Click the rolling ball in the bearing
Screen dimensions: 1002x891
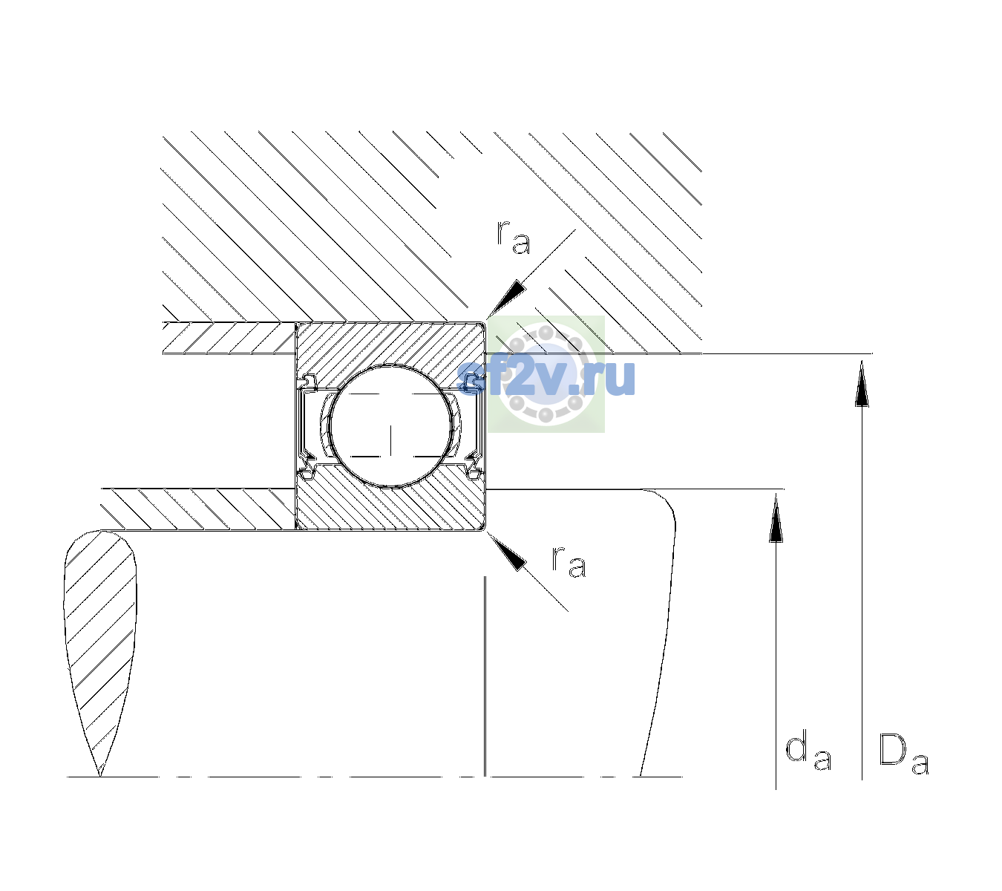[x=390, y=426]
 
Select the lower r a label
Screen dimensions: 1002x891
[x=569, y=563]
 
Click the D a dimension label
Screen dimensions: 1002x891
[x=904, y=754]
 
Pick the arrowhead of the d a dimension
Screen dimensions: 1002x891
[x=776, y=518]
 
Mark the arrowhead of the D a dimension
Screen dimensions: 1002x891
[x=862, y=383]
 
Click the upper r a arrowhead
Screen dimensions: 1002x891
[x=506, y=298]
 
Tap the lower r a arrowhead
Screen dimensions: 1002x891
[x=506, y=552]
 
